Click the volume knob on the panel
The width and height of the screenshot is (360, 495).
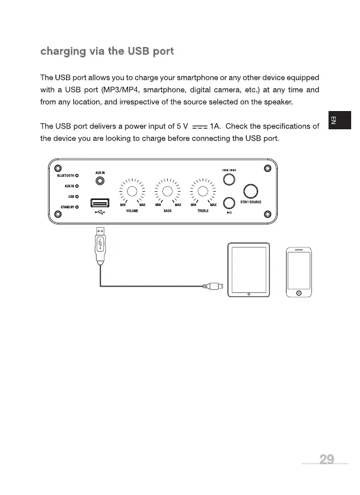(132, 191)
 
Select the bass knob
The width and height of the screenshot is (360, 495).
(168, 191)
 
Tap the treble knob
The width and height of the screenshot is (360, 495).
(203, 191)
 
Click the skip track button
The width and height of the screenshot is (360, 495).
(229, 180)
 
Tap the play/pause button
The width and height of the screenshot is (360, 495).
(229, 203)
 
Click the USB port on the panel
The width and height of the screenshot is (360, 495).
(99, 202)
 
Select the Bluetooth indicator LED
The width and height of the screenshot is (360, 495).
(77, 176)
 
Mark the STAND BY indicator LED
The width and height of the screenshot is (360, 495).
(77, 207)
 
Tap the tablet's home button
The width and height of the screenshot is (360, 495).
(248, 294)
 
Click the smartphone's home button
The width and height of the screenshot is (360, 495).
(299, 293)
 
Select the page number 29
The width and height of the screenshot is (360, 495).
(326, 460)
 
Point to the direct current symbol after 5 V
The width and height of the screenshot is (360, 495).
(198, 127)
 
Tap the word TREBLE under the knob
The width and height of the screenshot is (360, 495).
(203, 211)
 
